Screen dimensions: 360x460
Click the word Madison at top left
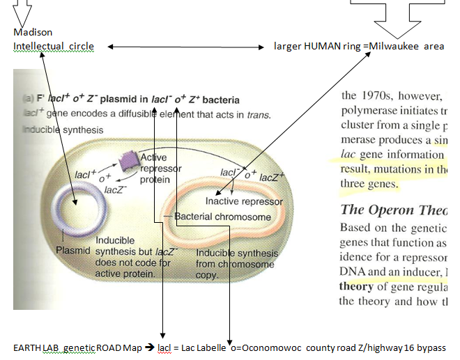[x=33, y=32]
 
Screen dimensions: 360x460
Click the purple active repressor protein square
[x=128, y=161]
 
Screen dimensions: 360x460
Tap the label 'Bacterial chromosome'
[x=222, y=217]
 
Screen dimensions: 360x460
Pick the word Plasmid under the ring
[x=72, y=250]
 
